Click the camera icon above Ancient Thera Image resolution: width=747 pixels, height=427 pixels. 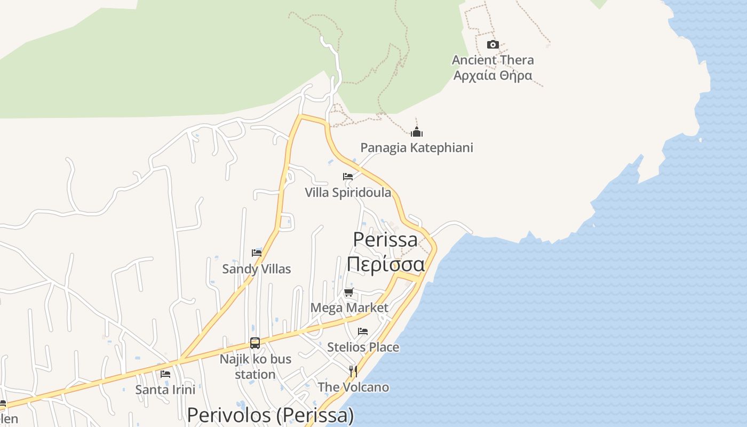tap(493, 44)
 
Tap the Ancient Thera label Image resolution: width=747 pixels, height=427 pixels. tap(492, 60)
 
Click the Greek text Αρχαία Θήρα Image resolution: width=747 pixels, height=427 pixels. tap(492, 75)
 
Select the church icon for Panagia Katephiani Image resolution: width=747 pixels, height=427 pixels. tap(417, 132)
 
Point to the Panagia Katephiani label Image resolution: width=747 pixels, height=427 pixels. tap(417, 147)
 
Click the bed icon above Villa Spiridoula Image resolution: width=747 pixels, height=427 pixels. tap(348, 177)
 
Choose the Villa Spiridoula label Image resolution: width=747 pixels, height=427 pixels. tap(348, 192)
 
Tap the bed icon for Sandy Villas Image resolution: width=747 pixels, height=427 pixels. tap(257, 253)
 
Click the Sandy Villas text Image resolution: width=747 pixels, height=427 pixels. tap(257, 268)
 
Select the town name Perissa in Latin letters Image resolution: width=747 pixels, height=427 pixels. tap(385, 239)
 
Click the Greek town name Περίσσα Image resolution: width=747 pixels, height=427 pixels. tap(385, 264)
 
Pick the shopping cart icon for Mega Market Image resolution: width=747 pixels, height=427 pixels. tap(349, 292)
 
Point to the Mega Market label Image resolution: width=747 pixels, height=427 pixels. tap(349, 307)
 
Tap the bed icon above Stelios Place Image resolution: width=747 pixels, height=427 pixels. tap(363, 331)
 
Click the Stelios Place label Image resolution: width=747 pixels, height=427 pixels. tap(363, 347)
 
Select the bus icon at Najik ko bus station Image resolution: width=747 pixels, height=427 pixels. tap(255, 343)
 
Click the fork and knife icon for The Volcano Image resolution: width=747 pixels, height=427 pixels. tap(353, 371)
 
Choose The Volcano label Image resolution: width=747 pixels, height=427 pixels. tap(353, 387)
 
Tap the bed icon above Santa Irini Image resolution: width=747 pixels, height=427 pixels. tap(165, 374)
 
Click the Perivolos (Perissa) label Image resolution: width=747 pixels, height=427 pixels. tap(271, 415)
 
